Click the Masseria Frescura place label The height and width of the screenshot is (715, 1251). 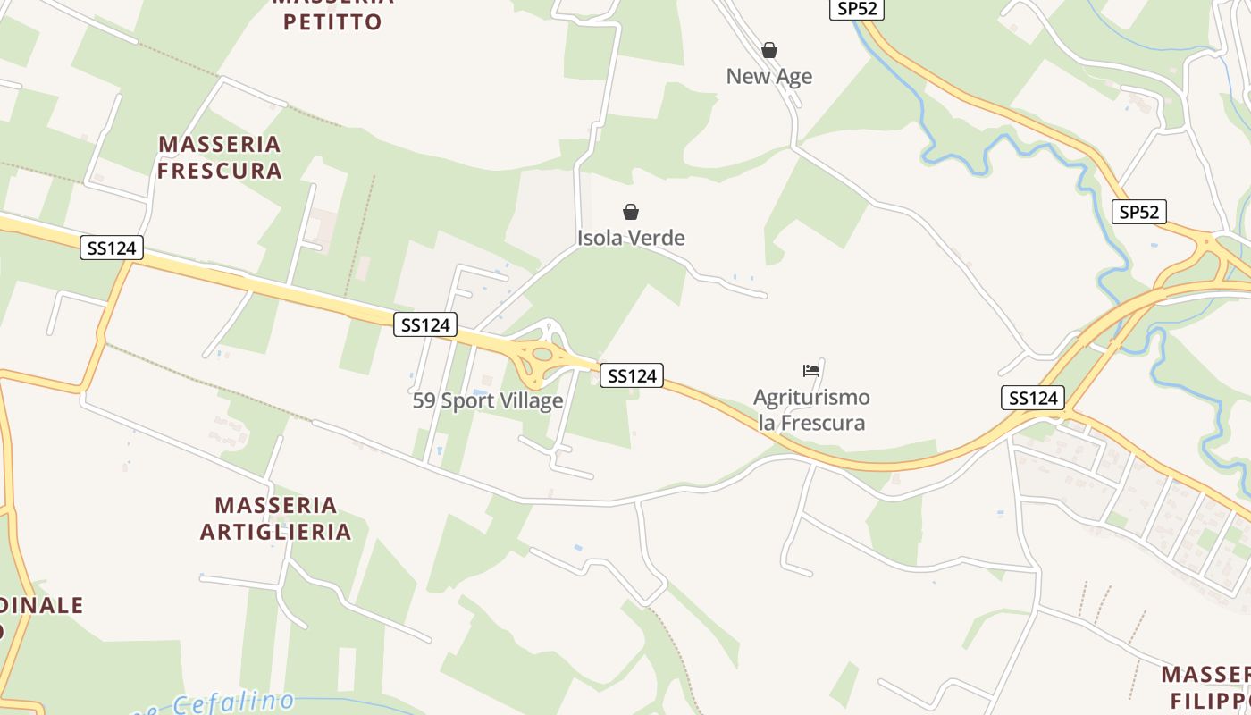pos(220,156)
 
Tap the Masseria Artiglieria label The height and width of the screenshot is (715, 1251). pos(275,518)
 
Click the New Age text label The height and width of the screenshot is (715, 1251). pos(768,77)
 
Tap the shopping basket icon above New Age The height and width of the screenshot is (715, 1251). pos(768,50)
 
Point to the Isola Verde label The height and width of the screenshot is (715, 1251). pos(631,238)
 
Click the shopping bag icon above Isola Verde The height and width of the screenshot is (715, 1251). pos(631,212)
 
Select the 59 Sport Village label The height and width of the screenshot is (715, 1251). pos(488,400)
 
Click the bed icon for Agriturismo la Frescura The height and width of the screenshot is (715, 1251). pos(811,370)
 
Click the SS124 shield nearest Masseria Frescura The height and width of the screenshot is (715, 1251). pos(112,248)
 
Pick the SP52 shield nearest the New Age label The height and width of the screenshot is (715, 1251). pos(856,9)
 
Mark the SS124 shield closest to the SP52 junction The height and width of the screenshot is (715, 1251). pos(1033,398)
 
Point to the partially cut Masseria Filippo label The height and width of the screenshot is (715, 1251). pos(1206,686)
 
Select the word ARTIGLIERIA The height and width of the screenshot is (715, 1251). pos(275,532)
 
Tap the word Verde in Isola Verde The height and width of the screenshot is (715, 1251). pos(657,238)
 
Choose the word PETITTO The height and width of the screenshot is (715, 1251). pos(332,21)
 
